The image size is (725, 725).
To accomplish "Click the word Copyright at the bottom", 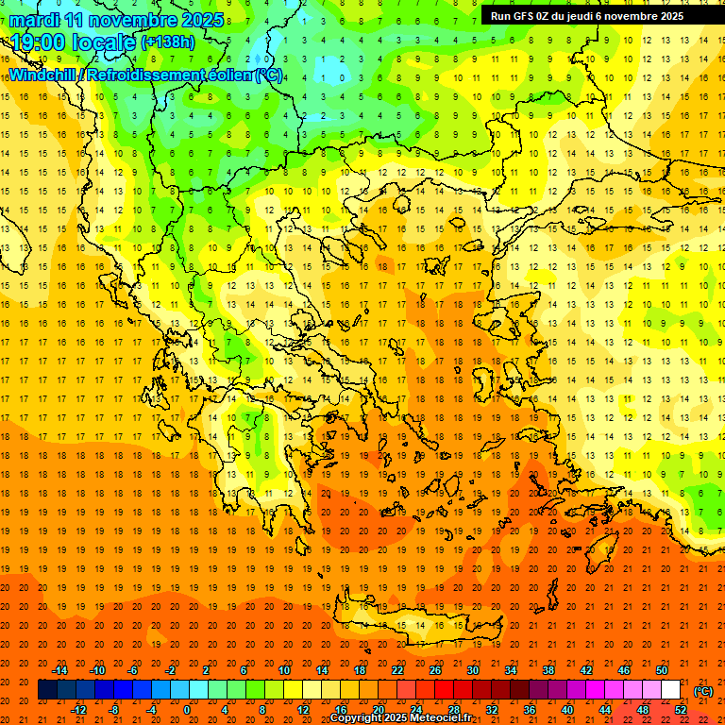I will pos(358,718).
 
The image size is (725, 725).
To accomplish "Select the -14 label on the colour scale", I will pos(60,669).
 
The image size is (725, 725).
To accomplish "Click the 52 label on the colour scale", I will pos(682,709).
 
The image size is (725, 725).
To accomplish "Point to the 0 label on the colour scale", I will pos(187,709).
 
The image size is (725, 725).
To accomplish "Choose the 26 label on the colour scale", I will pos(435,669).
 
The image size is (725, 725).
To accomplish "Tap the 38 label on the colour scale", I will pos(548,669).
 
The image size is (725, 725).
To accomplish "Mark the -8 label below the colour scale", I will pos(114,709).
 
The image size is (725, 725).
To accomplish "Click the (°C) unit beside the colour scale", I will pos(703,690).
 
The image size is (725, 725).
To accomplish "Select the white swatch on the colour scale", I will pos(670,689).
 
